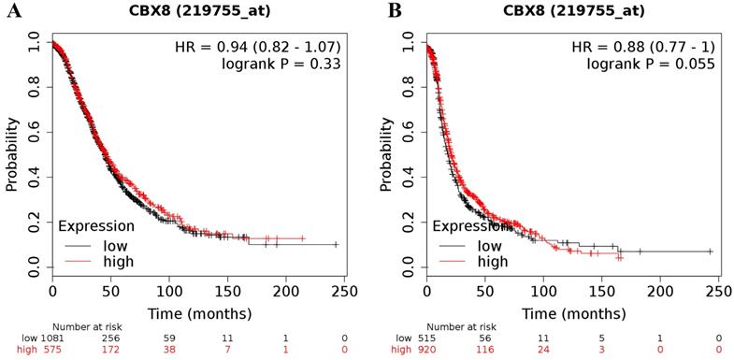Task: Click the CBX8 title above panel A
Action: (x=198, y=11)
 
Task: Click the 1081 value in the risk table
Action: (x=52, y=338)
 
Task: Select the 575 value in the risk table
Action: (x=52, y=350)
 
